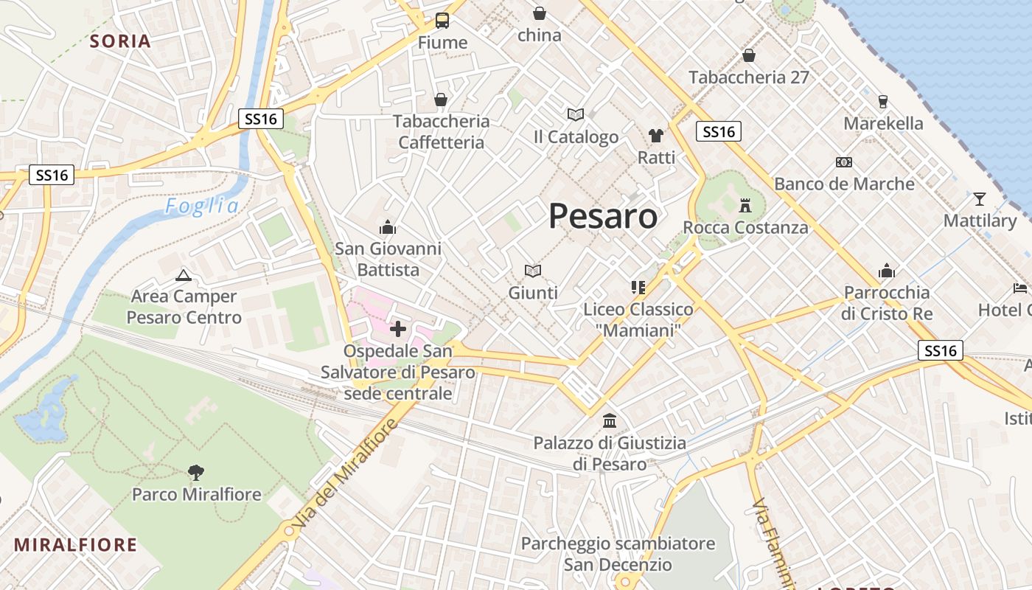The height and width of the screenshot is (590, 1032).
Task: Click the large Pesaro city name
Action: click(x=603, y=216)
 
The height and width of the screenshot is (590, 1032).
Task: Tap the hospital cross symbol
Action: click(x=397, y=328)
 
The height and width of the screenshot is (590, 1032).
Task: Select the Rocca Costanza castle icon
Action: click(x=745, y=204)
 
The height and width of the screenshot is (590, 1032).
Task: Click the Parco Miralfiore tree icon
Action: click(x=196, y=471)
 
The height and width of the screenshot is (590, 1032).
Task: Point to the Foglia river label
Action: click(x=202, y=206)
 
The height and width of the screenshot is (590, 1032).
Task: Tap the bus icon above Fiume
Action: click(x=442, y=21)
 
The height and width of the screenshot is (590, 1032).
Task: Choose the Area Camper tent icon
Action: click(x=183, y=276)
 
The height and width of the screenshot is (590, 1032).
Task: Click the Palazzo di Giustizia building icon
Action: click(x=610, y=420)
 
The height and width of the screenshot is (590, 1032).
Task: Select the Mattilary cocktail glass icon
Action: click(x=979, y=198)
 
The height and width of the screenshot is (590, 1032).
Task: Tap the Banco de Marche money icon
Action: click(x=843, y=162)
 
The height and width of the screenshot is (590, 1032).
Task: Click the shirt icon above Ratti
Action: click(x=655, y=135)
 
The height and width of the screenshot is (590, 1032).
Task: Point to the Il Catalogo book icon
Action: click(x=576, y=114)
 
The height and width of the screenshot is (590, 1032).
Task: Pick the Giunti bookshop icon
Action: click(x=532, y=271)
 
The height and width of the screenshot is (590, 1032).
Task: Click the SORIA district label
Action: click(x=120, y=41)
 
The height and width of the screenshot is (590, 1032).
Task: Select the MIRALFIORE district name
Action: click(x=76, y=545)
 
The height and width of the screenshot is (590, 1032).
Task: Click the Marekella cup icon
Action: click(x=882, y=101)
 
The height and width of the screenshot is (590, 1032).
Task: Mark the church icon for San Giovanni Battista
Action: click(x=388, y=227)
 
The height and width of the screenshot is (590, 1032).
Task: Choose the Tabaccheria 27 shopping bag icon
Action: click(x=748, y=55)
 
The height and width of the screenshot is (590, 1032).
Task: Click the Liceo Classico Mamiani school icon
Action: click(x=638, y=287)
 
